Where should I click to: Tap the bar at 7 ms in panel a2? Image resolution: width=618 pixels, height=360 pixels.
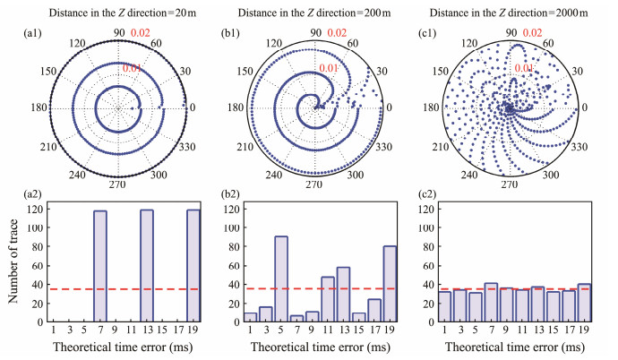click(x=101, y=267)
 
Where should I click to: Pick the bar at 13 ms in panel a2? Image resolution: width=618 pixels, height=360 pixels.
click(x=147, y=267)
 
